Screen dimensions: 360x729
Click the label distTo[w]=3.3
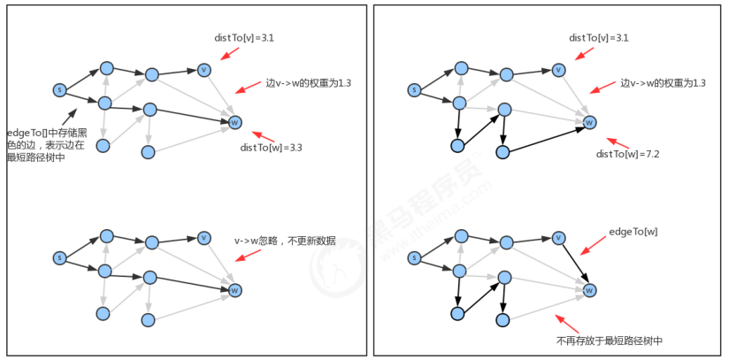click(272, 148)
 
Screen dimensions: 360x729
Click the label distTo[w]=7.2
click(628, 154)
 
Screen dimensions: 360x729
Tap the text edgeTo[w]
click(633, 231)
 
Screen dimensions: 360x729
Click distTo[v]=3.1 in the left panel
click(245, 38)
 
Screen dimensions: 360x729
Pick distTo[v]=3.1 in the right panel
click(599, 38)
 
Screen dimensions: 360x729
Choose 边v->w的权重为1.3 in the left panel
click(309, 82)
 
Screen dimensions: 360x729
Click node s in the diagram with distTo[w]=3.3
click(59, 89)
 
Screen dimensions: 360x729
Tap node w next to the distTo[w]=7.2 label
click(589, 122)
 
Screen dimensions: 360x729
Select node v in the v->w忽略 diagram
click(204, 238)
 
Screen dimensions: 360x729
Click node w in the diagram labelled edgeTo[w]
click(589, 290)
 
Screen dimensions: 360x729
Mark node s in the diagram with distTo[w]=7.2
click(413, 89)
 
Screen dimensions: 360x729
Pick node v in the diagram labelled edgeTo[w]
click(558, 238)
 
